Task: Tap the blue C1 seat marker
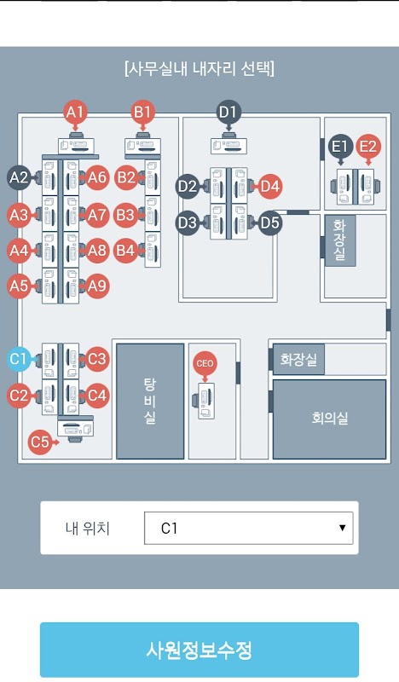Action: (18, 359)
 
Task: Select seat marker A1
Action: (75, 113)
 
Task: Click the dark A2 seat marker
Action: (19, 177)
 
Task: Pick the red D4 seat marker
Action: (269, 187)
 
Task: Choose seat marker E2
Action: (368, 146)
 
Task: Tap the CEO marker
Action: (205, 363)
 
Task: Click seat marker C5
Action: (40, 442)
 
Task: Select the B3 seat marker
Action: (125, 215)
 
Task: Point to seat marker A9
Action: (97, 286)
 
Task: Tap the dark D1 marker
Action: (228, 113)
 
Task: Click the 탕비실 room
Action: (150, 401)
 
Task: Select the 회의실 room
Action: (329, 419)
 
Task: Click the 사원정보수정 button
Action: (199, 650)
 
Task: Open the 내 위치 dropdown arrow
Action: (342, 528)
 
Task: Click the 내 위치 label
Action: (88, 528)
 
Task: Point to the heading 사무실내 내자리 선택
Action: (199, 69)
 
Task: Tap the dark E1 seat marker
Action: (340, 146)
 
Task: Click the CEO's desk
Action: (204, 401)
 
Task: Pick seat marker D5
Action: (269, 223)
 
